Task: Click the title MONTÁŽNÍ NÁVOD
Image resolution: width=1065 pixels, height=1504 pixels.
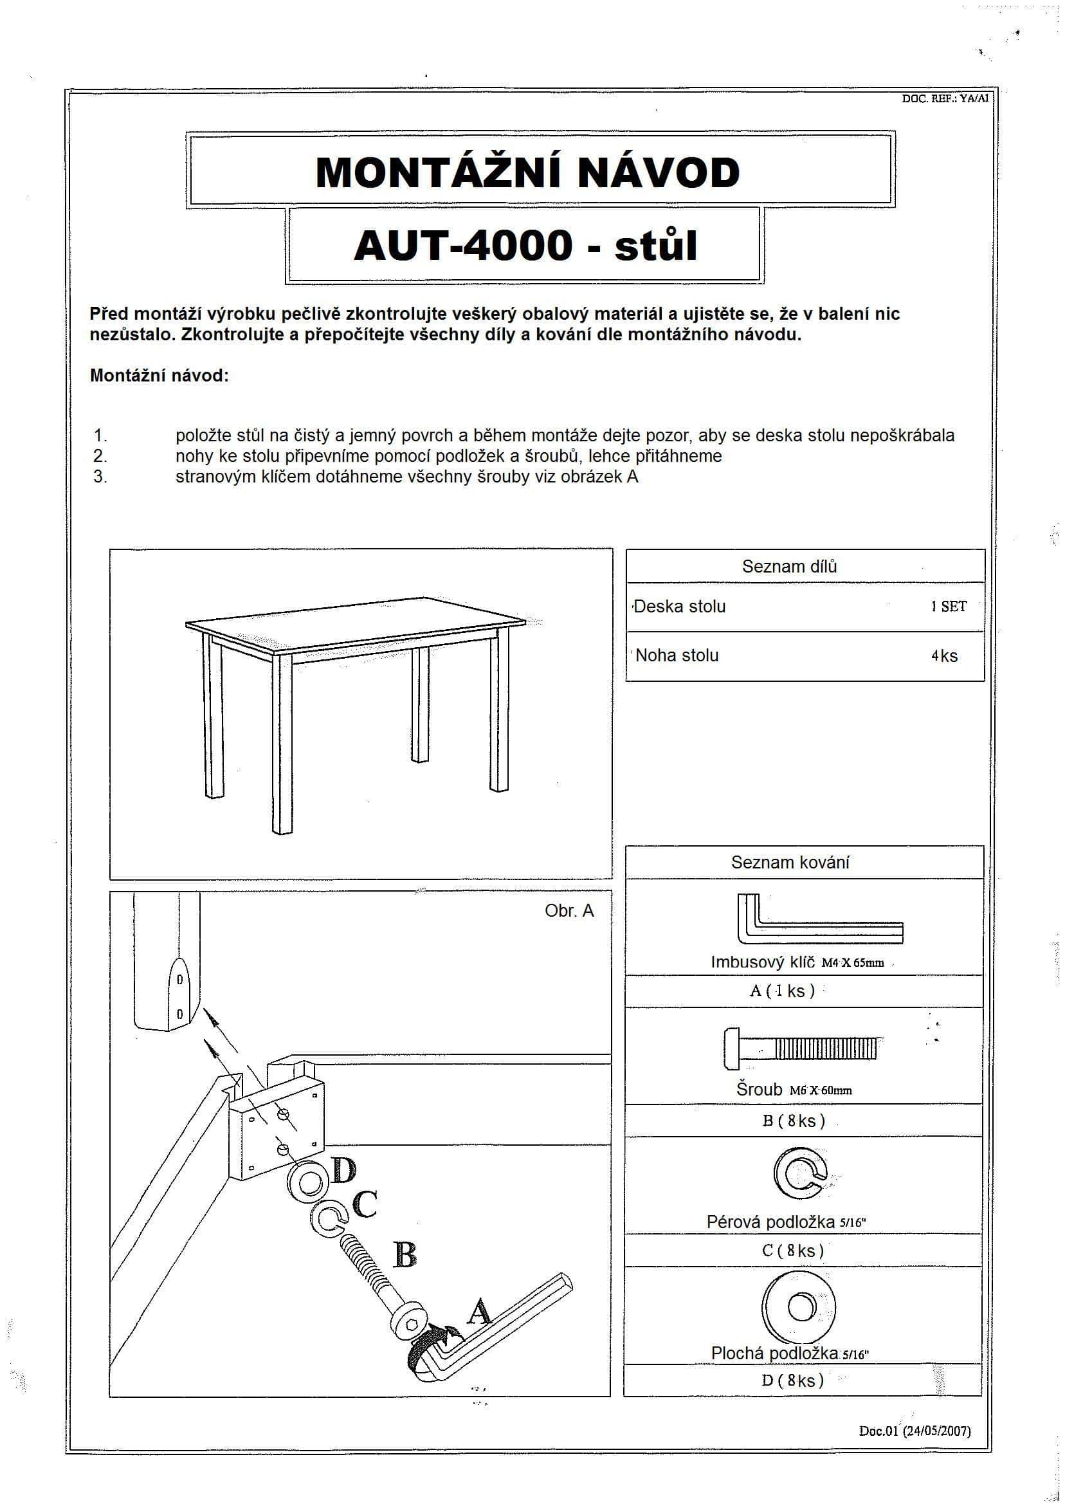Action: pos(527,172)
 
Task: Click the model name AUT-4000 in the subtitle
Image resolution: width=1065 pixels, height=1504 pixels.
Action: pos(463,246)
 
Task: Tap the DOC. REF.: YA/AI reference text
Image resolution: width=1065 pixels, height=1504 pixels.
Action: pos(944,99)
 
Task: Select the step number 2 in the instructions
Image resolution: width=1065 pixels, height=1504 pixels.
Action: pos(100,455)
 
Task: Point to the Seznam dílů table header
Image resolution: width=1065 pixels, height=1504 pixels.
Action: pos(789,566)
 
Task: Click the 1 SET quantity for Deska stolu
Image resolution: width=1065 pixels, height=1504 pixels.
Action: pos(948,606)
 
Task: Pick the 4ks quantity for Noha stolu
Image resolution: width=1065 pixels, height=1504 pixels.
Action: pos(944,656)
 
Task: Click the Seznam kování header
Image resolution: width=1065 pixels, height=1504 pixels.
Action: pos(790,862)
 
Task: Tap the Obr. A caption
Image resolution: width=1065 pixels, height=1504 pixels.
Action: pos(569,910)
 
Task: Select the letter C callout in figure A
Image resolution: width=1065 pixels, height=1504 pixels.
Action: pos(364,1204)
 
